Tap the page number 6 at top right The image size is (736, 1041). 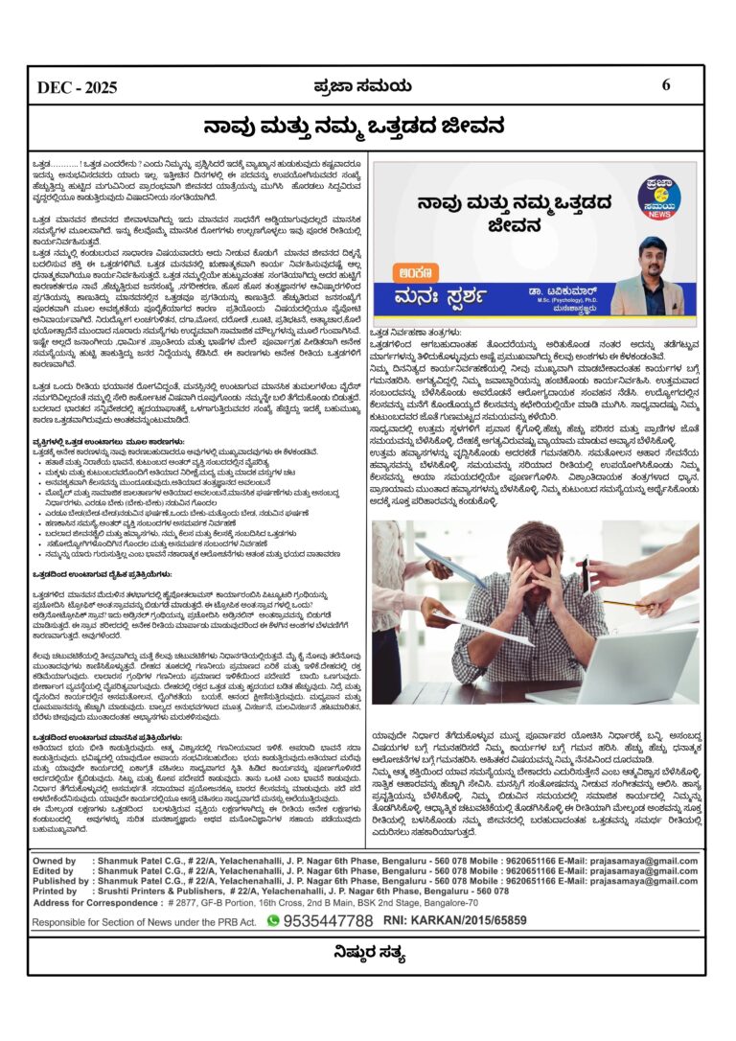pyautogui.click(x=666, y=85)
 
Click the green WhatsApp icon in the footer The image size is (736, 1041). pyautogui.click(x=273, y=920)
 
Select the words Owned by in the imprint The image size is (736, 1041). pyautogui.click(x=56, y=861)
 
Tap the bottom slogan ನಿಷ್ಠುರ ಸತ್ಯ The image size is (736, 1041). pyautogui.click(x=368, y=953)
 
